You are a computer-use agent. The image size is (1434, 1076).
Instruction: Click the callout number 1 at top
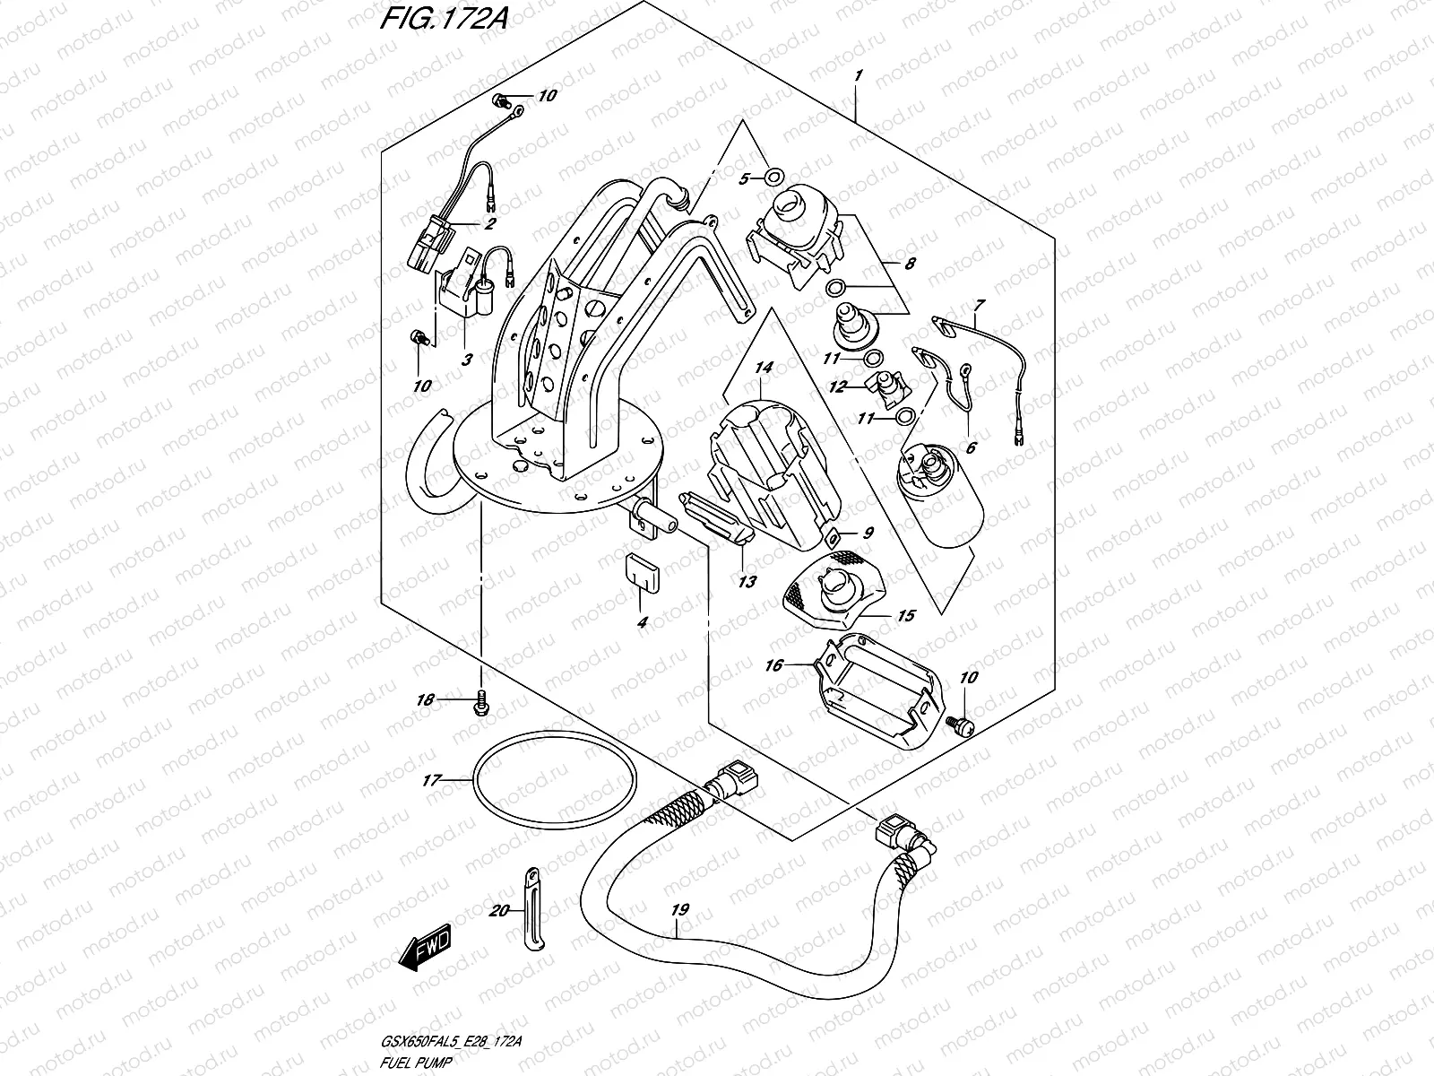[x=858, y=77]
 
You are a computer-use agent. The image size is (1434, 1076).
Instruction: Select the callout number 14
[x=763, y=368]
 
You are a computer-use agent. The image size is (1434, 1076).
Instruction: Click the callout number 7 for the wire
[x=979, y=305]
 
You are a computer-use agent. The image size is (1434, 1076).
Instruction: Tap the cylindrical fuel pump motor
[x=939, y=498]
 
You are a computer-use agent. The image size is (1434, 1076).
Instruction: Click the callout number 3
[x=466, y=360]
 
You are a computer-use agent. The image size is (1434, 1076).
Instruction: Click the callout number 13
[x=747, y=582]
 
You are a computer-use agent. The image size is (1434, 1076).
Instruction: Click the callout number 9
[x=868, y=533]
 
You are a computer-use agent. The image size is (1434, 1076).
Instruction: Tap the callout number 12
[x=836, y=387]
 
